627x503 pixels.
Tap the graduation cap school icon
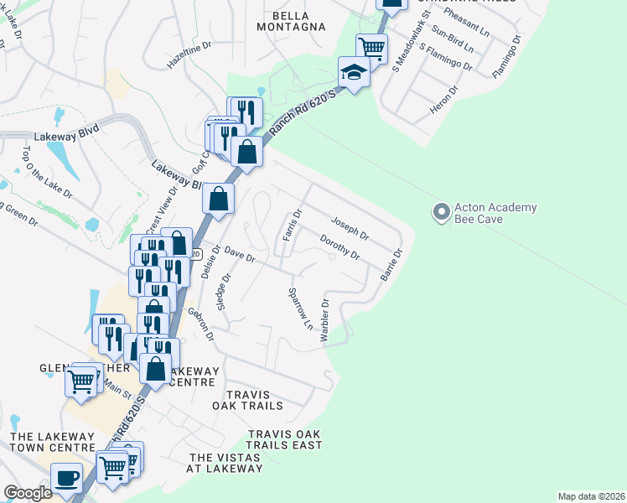tap(354, 73)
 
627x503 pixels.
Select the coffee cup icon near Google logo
tap(66, 479)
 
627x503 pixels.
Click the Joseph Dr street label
tap(350, 226)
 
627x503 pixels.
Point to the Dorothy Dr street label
tap(340, 246)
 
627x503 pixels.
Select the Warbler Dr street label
tap(324, 319)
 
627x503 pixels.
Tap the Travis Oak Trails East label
tap(285, 439)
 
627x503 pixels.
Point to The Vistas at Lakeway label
tap(225, 463)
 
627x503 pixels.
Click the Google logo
tap(28, 493)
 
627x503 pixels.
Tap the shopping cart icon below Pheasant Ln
tap(370, 47)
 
